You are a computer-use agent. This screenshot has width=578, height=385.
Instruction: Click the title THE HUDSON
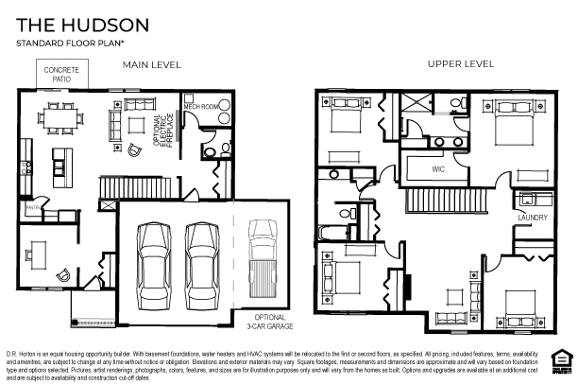click(x=64, y=25)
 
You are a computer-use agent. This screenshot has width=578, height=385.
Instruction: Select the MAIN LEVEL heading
click(x=151, y=64)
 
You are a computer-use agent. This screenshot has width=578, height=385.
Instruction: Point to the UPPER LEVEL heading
click(x=461, y=64)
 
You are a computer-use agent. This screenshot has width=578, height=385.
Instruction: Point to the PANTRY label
click(x=31, y=206)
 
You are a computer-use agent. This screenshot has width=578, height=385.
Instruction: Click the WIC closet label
click(x=438, y=169)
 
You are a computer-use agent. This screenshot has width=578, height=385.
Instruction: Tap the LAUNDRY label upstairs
click(x=533, y=217)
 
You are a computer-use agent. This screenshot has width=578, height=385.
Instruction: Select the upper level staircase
click(x=444, y=199)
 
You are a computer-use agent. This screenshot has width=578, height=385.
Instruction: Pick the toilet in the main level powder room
click(x=211, y=150)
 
